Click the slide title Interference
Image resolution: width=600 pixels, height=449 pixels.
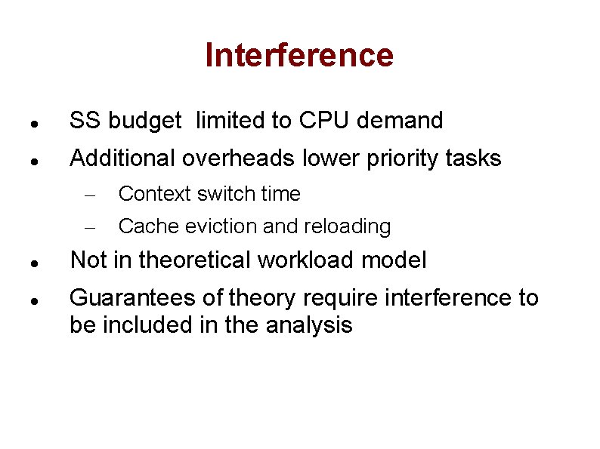click(299, 55)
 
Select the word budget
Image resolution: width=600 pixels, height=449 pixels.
click(145, 121)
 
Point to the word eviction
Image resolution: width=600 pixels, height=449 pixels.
click(209, 226)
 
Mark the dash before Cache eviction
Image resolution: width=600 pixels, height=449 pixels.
click(88, 227)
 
